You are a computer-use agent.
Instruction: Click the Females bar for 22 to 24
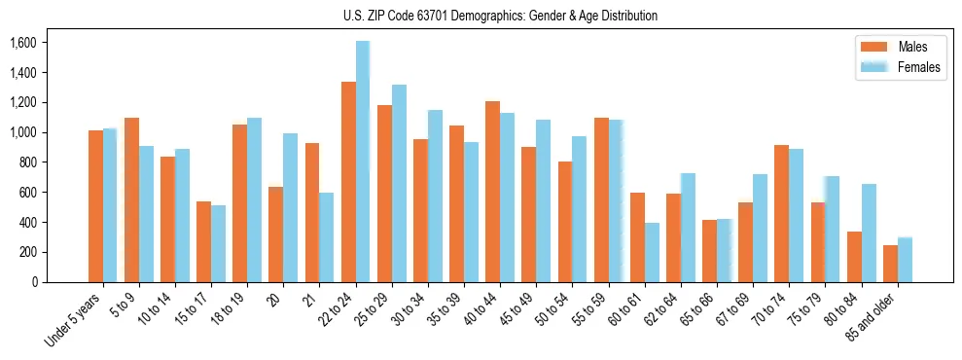tap(363, 162)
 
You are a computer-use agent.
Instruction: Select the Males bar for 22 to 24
tap(348, 182)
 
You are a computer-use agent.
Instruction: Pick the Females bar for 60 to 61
tap(651, 253)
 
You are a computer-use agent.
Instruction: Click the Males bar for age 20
tap(276, 234)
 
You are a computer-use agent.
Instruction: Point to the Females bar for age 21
tap(327, 237)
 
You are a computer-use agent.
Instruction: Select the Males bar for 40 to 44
tap(492, 192)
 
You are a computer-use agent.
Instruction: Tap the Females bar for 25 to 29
tap(399, 184)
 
